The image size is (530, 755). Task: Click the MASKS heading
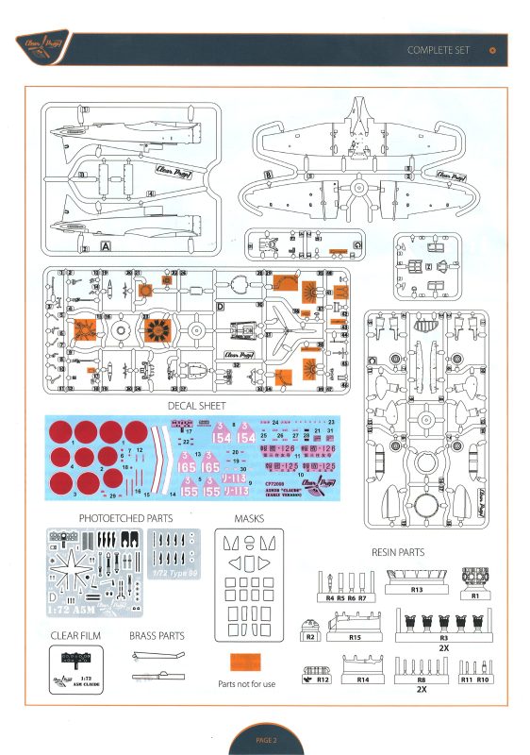(248, 518)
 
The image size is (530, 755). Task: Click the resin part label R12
(323, 679)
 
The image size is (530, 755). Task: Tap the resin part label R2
(312, 638)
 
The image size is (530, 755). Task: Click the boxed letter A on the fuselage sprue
(105, 246)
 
